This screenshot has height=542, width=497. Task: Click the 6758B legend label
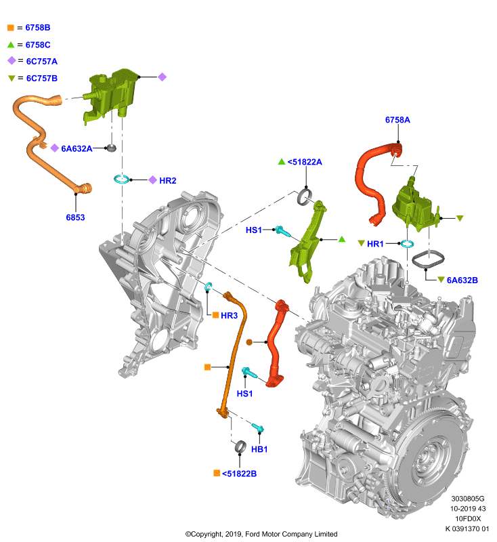tap(38, 28)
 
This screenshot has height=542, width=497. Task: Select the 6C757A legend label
tap(42, 62)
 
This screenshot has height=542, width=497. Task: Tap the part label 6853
tap(75, 217)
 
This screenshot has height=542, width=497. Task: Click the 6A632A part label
tap(77, 148)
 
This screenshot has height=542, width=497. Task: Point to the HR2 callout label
tap(167, 180)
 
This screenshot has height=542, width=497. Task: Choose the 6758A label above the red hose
tap(397, 120)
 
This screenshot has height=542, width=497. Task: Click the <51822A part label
tap(305, 162)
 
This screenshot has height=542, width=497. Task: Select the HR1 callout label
tap(375, 244)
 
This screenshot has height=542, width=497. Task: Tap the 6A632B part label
tap(462, 280)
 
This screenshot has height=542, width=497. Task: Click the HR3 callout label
tap(229, 316)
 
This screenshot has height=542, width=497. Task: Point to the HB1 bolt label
tap(259, 449)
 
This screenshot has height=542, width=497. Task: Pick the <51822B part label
tap(239, 474)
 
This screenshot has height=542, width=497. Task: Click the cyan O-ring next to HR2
tap(122, 180)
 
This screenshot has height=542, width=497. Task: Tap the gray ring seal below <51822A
tap(304, 196)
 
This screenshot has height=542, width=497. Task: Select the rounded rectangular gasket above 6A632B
tap(428, 259)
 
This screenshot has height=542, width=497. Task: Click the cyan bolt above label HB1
tap(258, 428)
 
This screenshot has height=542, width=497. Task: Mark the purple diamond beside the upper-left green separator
tap(162, 77)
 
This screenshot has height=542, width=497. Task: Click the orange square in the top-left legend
tap(11, 28)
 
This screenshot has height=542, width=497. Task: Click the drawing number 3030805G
tap(468, 499)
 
